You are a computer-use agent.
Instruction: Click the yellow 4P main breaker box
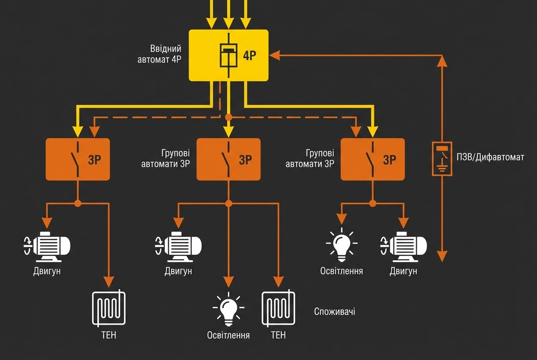(229, 55)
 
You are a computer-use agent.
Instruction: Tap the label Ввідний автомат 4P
(159, 54)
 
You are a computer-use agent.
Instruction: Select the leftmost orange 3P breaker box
(78, 159)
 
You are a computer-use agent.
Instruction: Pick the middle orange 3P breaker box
(229, 159)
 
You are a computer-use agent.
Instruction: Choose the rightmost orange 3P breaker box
(373, 159)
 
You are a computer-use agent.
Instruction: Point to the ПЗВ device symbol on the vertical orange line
(442, 159)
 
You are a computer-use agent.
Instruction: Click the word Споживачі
(334, 312)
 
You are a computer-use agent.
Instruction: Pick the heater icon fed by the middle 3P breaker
(278, 309)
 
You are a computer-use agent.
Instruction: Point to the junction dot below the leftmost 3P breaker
(78, 203)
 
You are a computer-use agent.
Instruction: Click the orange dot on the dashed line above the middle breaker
(229, 116)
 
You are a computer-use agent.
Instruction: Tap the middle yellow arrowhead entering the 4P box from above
(229, 23)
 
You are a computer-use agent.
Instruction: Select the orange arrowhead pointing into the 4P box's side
(273, 55)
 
